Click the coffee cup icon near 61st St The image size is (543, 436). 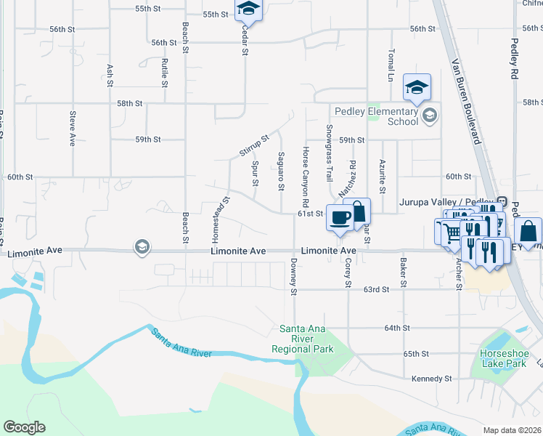[x=340, y=217]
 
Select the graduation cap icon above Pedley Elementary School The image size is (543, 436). [x=417, y=87]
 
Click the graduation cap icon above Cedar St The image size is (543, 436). [x=248, y=8]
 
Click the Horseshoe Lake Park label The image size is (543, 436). [x=502, y=358]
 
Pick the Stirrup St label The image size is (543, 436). [x=254, y=145]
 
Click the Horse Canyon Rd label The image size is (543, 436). [x=306, y=176]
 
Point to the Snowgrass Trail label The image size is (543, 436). [x=329, y=153]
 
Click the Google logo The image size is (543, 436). [x=24, y=427]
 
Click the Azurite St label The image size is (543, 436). [x=382, y=171]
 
